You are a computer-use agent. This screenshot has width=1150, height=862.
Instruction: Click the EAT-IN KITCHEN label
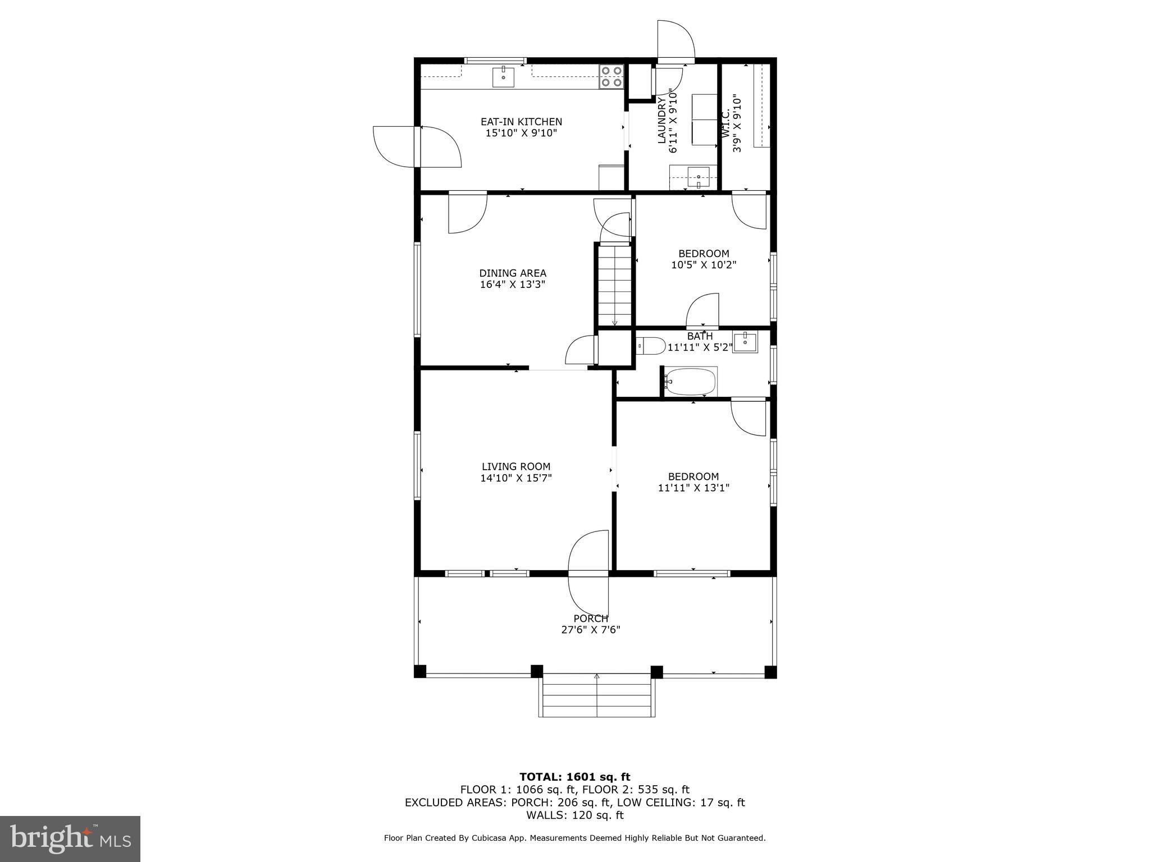[521, 122]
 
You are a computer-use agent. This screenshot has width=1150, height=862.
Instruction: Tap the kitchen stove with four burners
[611, 76]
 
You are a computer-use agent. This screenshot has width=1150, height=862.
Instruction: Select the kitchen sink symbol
[504, 76]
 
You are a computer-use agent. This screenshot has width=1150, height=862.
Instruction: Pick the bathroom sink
[746, 342]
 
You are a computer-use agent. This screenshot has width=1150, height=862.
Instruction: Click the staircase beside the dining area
[615, 285]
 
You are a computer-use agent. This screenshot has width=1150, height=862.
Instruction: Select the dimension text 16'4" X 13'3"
[512, 285]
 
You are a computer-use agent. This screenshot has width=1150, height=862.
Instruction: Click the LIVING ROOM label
[516, 466]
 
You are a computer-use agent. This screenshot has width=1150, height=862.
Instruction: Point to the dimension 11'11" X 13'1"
[693, 488]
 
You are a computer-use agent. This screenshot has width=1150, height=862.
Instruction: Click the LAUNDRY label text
[661, 120]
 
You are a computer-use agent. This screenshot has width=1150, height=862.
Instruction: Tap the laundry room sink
[698, 177]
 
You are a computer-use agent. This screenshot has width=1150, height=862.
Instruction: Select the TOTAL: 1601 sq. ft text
[574, 777]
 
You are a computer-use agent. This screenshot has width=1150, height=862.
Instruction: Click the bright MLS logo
[70, 838]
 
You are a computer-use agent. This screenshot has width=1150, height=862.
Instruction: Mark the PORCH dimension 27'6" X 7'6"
[591, 630]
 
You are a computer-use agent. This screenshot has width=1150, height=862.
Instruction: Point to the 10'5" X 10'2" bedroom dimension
[704, 265]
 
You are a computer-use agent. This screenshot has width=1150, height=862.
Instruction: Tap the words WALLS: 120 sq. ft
[574, 815]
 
